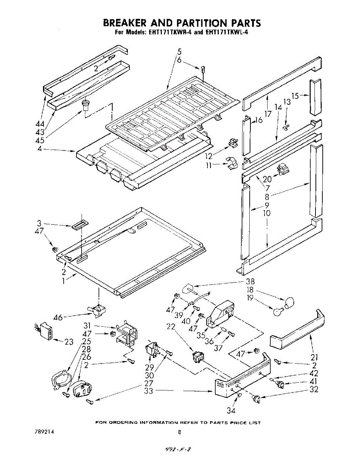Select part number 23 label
[69, 342]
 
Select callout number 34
[231, 410]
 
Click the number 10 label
[267, 213]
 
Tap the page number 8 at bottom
[179, 432]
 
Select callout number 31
[87, 326]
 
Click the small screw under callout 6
[204, 70]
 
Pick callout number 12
[209, 156]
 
